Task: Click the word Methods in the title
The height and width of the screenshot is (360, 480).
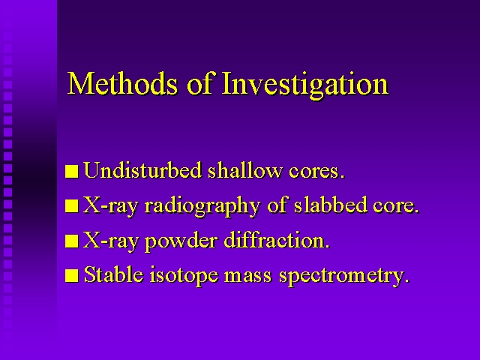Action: tap(122, 83)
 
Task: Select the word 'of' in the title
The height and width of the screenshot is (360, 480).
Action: tap(199, 82)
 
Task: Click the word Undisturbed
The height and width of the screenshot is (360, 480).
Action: tap(142, 170)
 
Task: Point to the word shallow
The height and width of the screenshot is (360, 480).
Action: tap(244, 170)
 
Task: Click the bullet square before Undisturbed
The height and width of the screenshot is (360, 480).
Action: tap(72, 172)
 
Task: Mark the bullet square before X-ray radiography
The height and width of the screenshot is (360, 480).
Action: tap(72, 206)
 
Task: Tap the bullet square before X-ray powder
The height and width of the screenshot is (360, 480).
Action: tap(72, 241)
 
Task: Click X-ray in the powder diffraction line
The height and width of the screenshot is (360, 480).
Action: tap(110, 241)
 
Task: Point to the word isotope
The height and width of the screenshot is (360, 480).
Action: tap(184, 275)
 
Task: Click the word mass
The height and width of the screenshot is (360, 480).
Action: tap(248, 277)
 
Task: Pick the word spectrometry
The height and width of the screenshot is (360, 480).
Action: tap(343, 276)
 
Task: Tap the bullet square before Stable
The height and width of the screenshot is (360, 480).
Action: tap(72, 275)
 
